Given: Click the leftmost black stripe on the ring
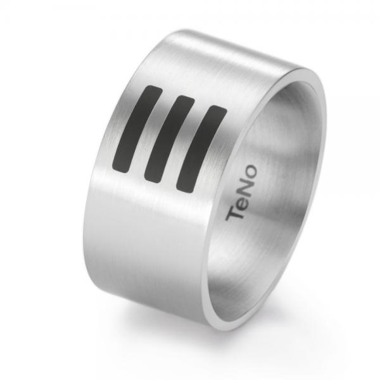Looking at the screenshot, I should (x=136, y=127).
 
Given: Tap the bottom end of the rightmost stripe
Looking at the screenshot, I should (x=184, y=187).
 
